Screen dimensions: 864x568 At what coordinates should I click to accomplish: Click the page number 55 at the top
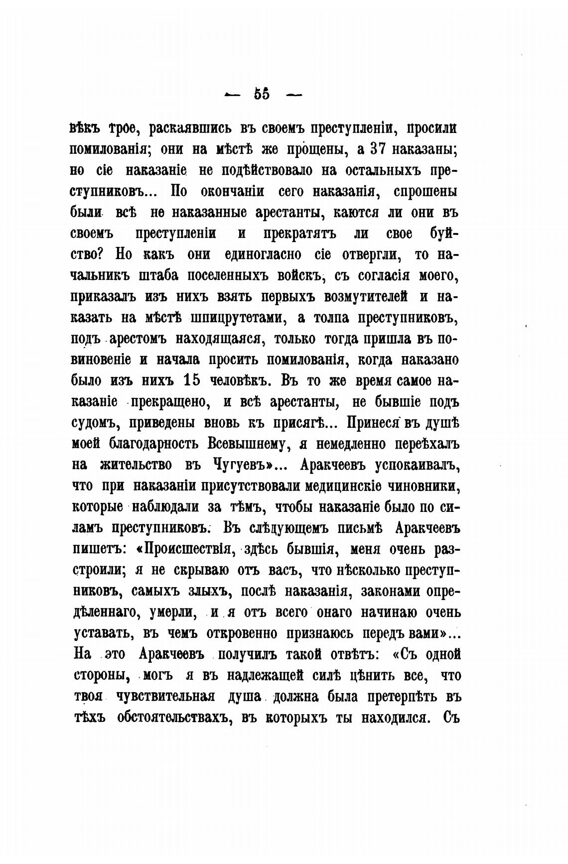point(262,94)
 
